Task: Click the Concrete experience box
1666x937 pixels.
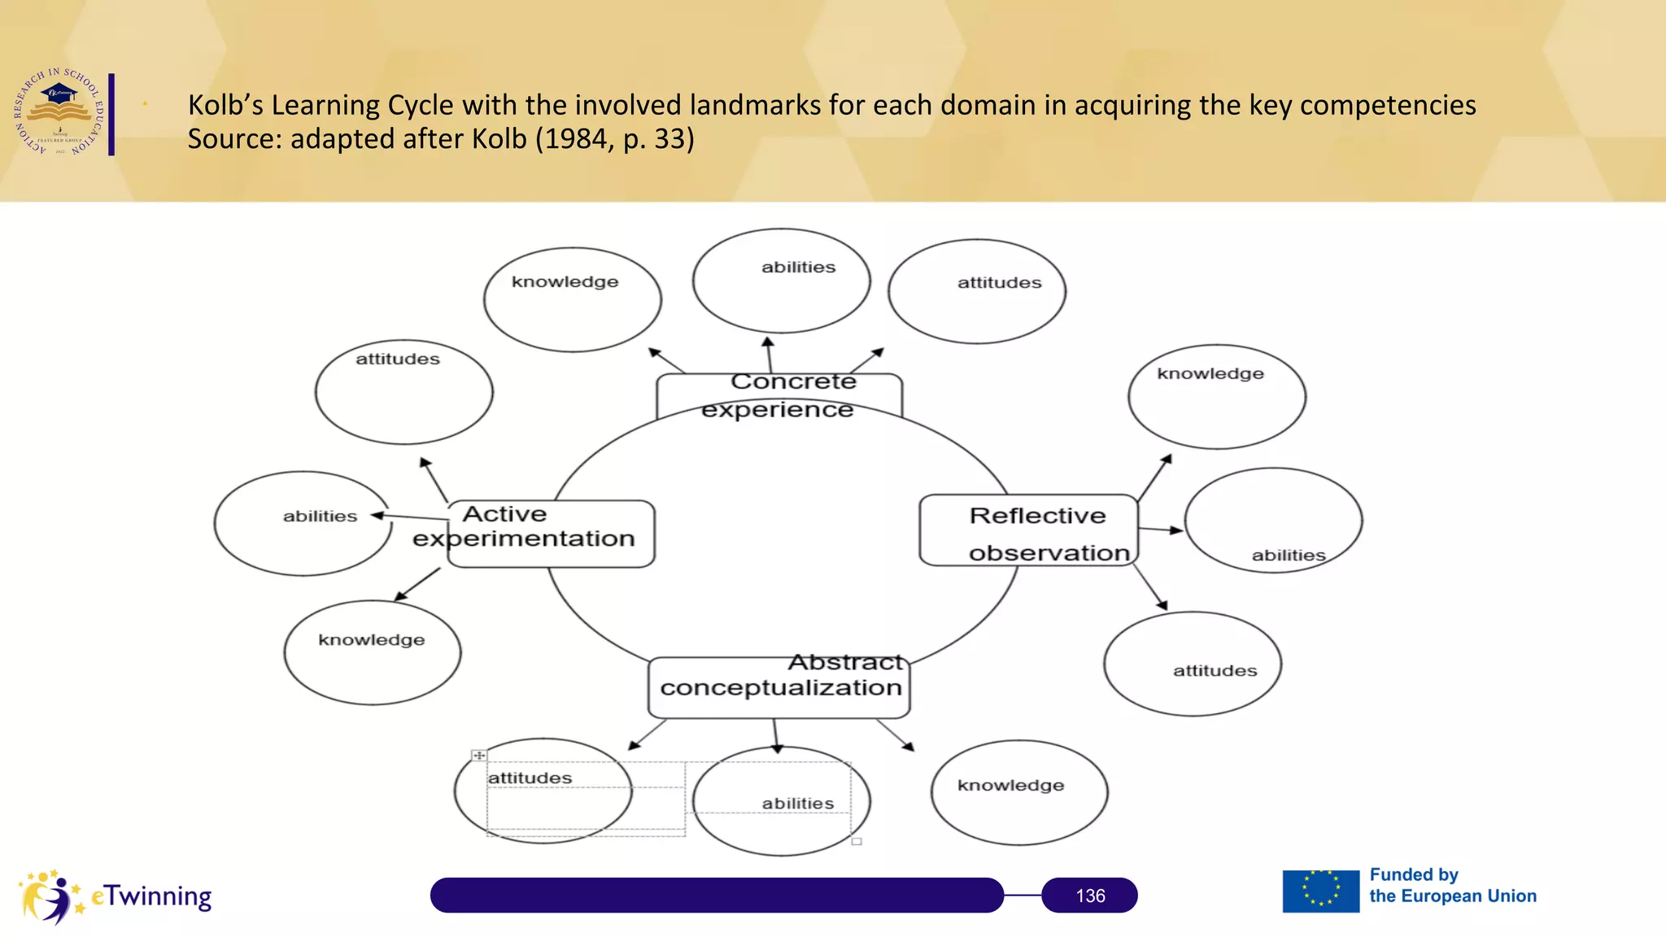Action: coord(778,395)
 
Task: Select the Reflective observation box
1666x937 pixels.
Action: coord(1029,530)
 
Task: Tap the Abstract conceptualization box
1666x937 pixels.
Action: coord(779,687)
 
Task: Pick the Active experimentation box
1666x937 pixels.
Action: coord(551,534)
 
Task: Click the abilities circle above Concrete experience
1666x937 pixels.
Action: coord(781,281)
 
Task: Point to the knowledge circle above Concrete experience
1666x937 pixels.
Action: coord(572,299)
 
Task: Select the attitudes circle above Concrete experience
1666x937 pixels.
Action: coord(977,291)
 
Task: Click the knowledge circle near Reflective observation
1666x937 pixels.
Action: coord(1217,396)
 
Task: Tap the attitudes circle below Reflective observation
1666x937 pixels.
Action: coord(1193,664)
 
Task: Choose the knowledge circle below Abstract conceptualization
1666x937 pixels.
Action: coord(1019,792)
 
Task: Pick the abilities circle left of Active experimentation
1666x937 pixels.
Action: coord(303,523)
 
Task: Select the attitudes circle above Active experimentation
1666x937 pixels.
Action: coord(403,391)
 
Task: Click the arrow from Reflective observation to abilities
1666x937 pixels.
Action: coord(1160,530)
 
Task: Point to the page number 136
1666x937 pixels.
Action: coord(1090,896)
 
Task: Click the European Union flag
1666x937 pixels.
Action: coord(1320,891)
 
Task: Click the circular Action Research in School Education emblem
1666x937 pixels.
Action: coord(59,112)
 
